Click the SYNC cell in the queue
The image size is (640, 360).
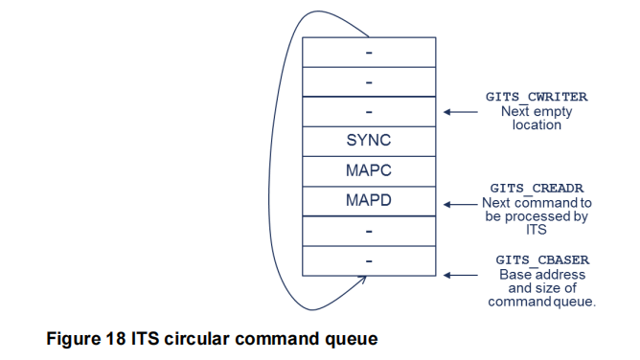pyautogui.click(x=369, y=141)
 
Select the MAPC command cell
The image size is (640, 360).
pyautogui.click(x=369, y=170)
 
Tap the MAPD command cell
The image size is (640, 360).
pyautogui.click(x=369, y=201)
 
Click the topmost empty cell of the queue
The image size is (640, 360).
pyautogui.click(x=369, y=52)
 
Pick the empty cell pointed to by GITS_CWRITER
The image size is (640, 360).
pyautogui.click(x=369, y=111)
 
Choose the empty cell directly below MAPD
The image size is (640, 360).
pyautogui.click(x=369, y=231)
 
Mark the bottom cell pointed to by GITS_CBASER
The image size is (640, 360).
pyautogui.click(x=369, y=260)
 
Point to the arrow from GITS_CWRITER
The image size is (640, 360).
pyautogui.click(x=463, y=111)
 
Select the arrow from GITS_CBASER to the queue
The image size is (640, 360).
pyautogui.click(x=463, y=275)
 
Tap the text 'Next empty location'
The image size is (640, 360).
pyautogui.click(x=537, y=118)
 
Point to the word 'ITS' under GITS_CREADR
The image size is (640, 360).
pyautogui.click(x=536, y=231)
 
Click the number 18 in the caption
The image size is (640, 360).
pyautogui.click(x=122, y=338)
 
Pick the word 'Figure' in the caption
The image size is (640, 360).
pyautogui.click(x=79, y=338)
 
